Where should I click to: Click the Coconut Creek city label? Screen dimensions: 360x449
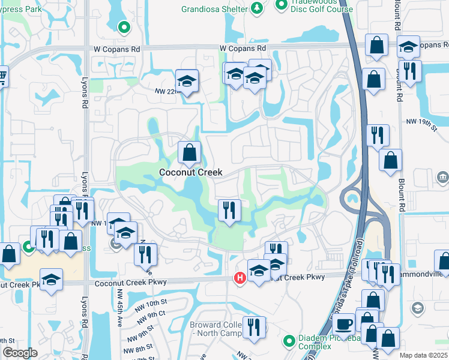pos(191,172)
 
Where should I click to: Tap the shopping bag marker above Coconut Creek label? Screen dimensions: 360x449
pos(190,154)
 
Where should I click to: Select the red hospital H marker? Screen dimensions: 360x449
pos(240,278)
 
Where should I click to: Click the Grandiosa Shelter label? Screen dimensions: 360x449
pos(214,10)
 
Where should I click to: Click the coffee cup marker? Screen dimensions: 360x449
pos(344,325)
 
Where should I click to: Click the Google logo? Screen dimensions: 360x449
pos(20,353)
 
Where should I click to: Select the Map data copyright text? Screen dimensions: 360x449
pos(423,355)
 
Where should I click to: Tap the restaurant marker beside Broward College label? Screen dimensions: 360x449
pos(255,328)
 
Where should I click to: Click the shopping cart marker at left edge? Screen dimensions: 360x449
pos(2,76)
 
